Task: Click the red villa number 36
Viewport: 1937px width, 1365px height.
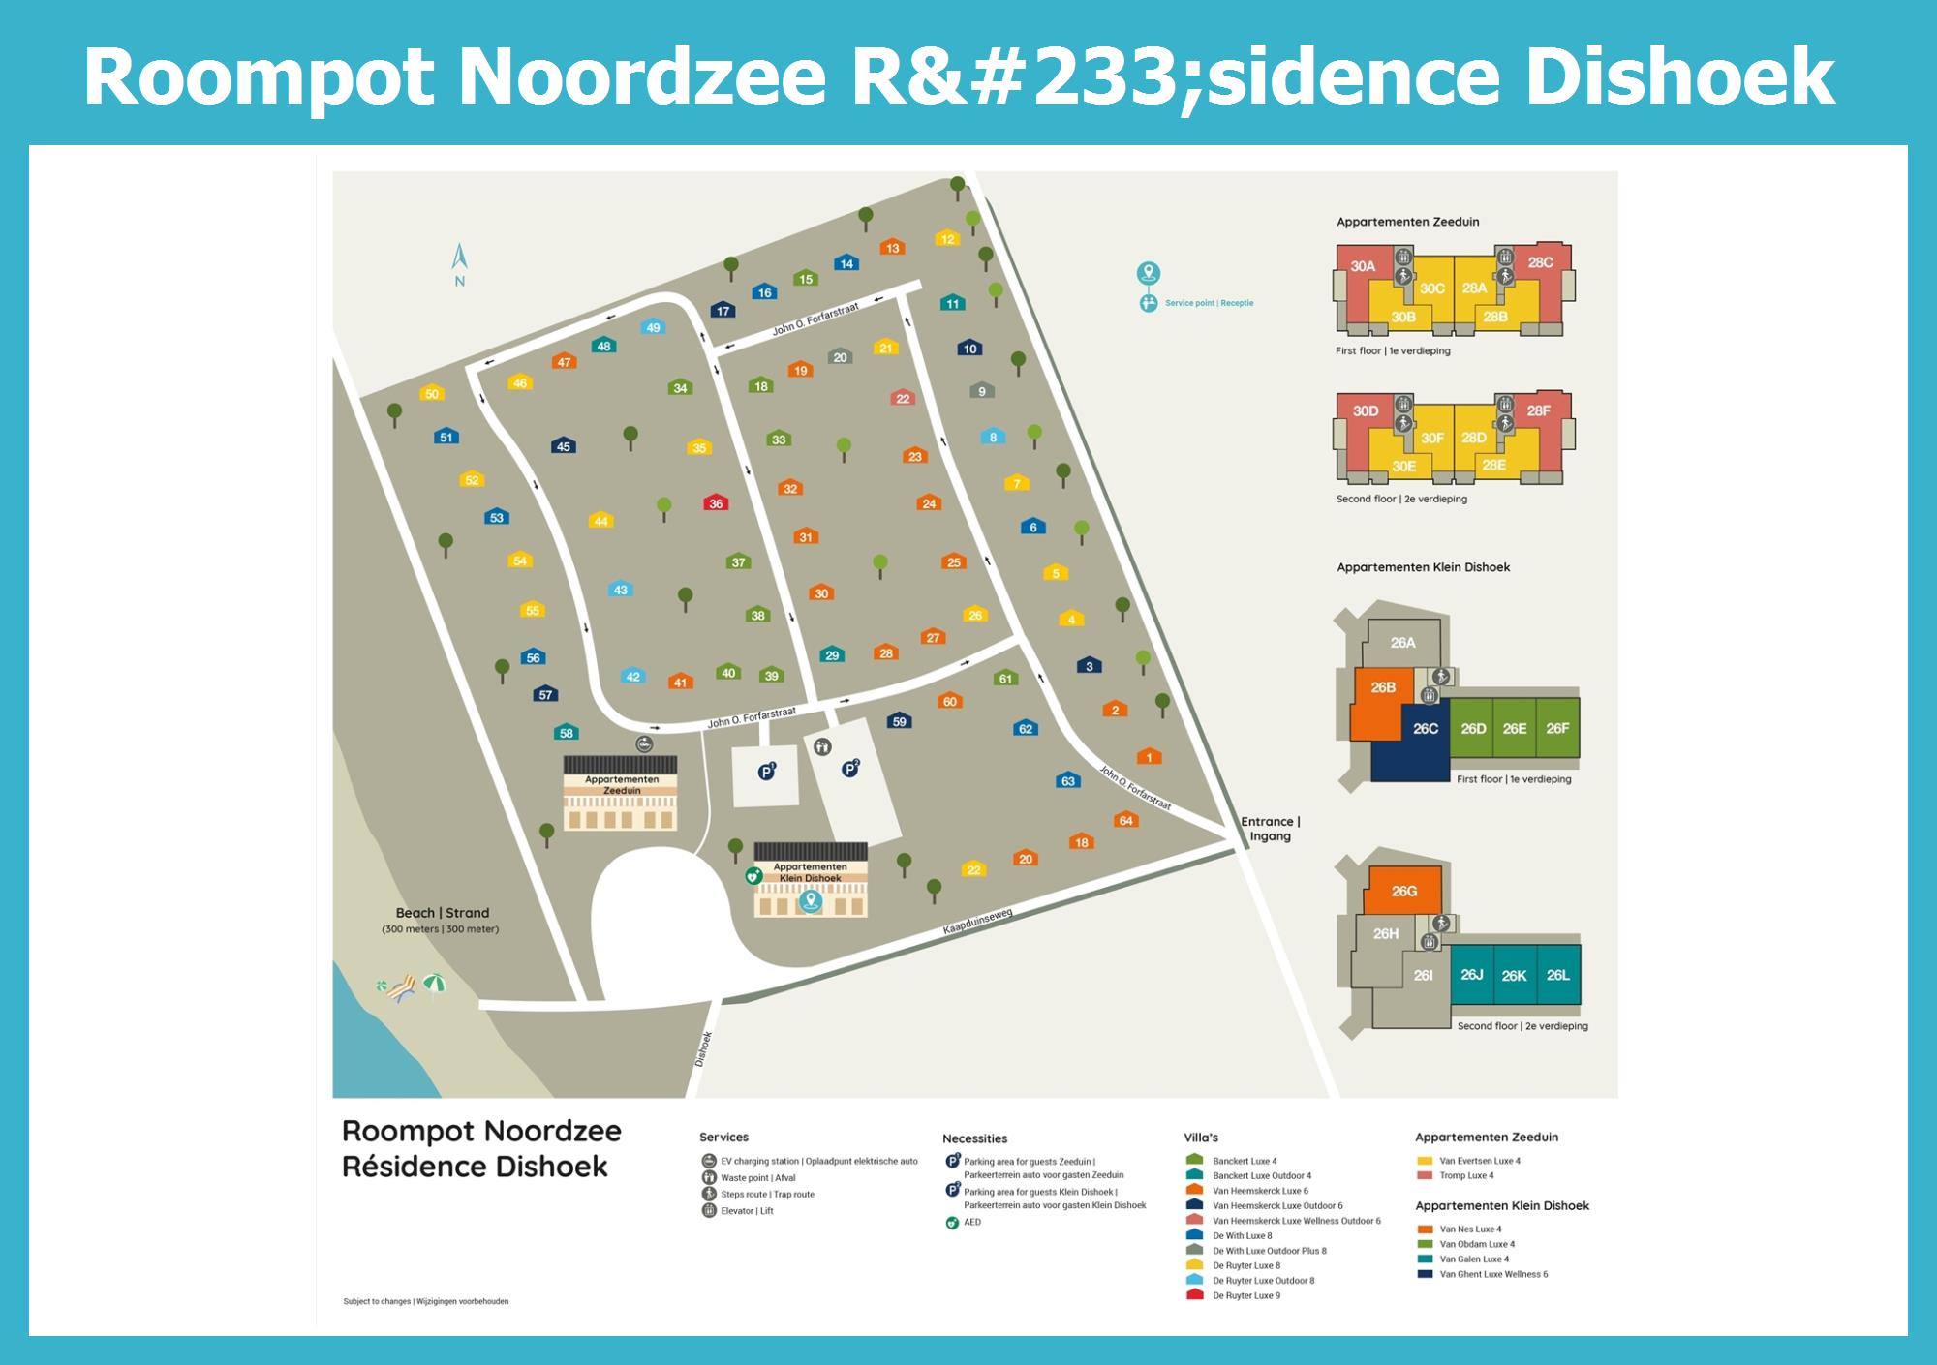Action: pyautogui.click(x=716, y=502)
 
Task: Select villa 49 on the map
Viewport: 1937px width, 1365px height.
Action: pyautogui.click(x=653, y=327)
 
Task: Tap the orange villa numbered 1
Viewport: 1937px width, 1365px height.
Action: pyautogui.click(x=1150, y=756)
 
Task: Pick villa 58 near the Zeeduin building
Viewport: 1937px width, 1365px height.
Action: pyautogui.click(x=567, y=732)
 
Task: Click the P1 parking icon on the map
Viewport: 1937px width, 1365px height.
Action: pyautogui.click(x=766, y=772)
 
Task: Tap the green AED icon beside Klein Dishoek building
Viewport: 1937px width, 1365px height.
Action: pyautogui.click(x=753, y=876)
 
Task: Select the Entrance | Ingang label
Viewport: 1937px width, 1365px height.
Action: pyautogui.click(x=1271, y=829)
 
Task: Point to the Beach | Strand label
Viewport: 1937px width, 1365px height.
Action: pyautogui.click(x=442, y=913)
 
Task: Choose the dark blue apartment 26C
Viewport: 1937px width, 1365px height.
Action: pyautogui.click(x=1425, y=729)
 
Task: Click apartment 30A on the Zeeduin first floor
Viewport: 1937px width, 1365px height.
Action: pyautogui.click(x=1363, y=266)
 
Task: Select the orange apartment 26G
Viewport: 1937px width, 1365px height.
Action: pyautogui.click(x=1403, y=891)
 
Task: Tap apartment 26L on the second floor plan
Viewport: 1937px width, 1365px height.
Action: pyautogui.click(x=1557, y=975)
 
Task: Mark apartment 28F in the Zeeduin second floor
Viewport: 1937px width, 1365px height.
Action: pyautogui.click(x=1538, y=410)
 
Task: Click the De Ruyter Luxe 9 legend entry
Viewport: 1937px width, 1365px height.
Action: pyautogui.click(x=1246, y=1295)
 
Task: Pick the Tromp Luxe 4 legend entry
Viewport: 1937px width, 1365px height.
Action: pyautogui.click(x=1466, y=1175)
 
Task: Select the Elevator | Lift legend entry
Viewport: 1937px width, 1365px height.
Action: pyautogui.click(x=747, y=1211)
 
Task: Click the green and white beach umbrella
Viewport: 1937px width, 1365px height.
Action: pyautogui.click(x=435, y=983)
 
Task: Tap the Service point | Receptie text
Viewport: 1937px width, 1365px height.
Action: pyautogui.click(x=1209, y=303)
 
